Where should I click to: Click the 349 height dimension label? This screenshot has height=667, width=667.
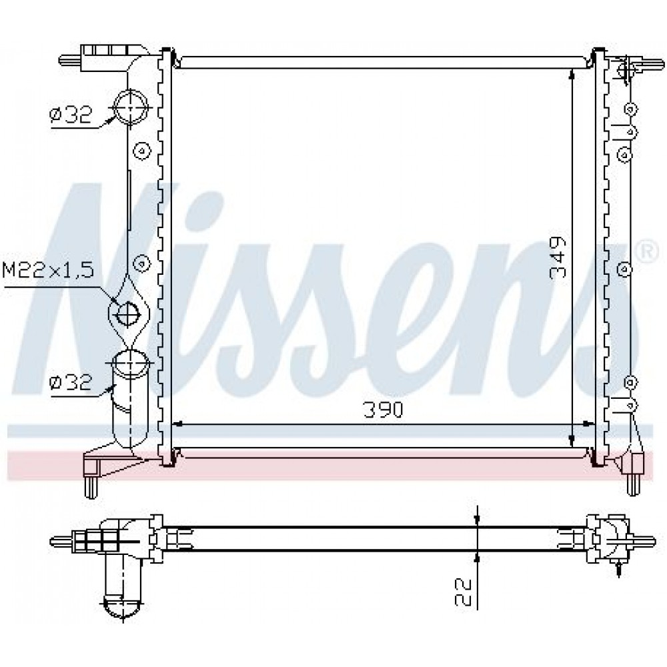(x=558, y=257)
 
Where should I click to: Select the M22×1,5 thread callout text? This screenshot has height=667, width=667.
(x=48, y=270)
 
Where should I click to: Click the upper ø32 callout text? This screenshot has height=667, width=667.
(x=70, y=115)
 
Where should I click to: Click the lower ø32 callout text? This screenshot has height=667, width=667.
(x=70, y=382)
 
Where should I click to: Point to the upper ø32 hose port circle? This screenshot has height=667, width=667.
(x=130, y=106)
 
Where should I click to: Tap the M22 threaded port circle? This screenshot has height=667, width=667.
(x=128, y=314)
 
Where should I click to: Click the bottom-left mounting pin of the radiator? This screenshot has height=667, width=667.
(x=91, y=487)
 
